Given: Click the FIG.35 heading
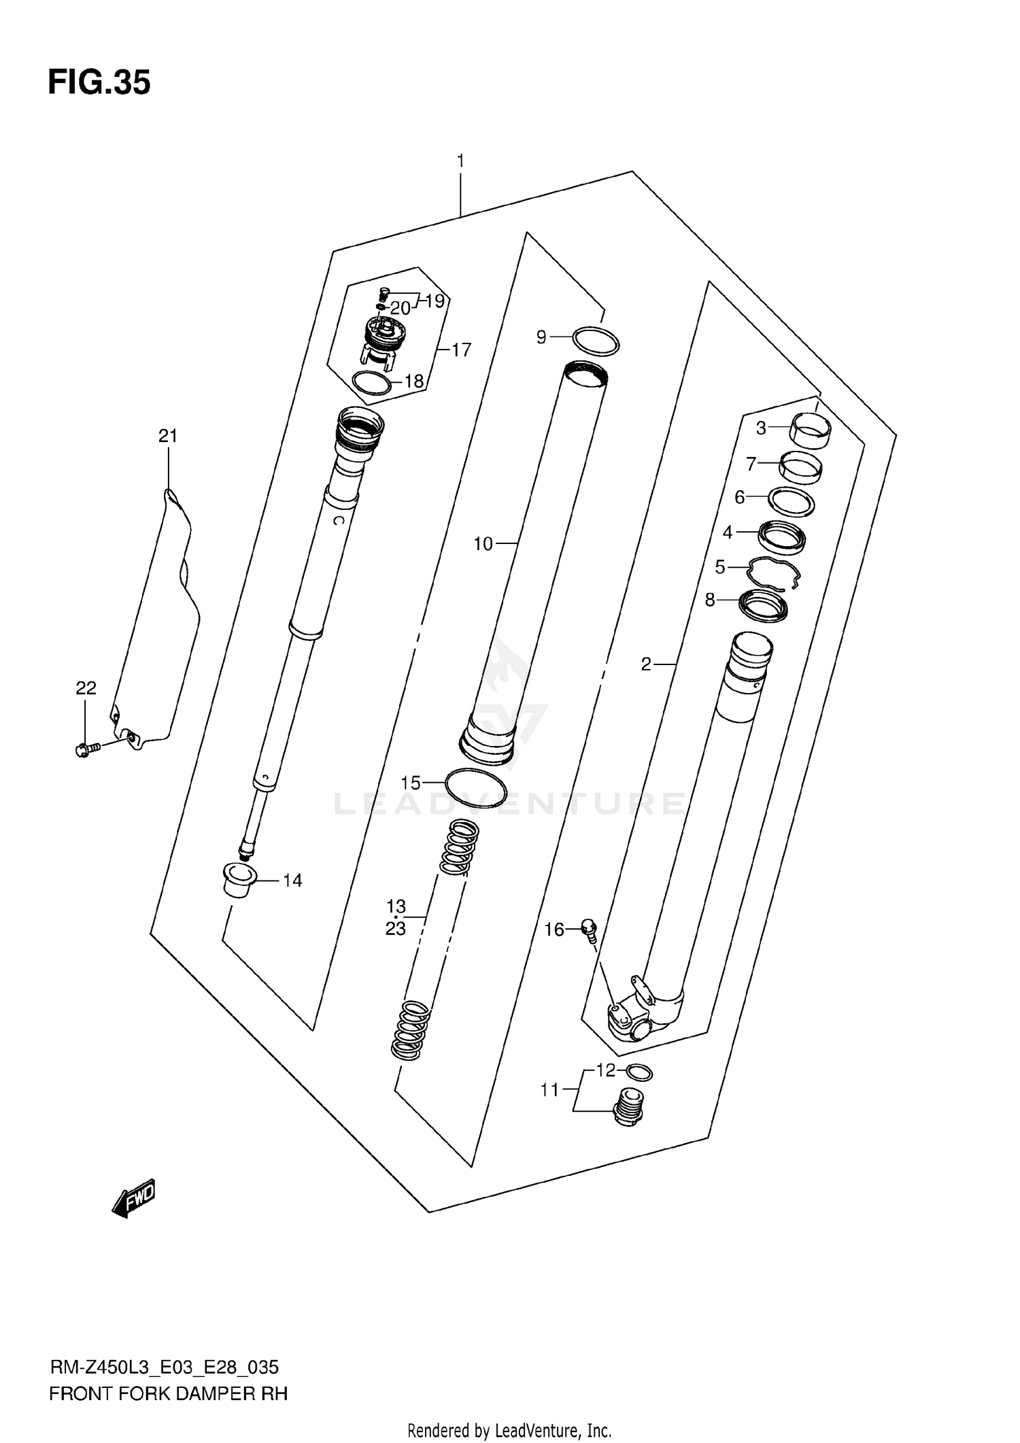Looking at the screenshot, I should point(99,83).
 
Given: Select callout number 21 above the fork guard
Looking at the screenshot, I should point(168,436).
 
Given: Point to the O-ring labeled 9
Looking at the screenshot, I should point(596,341).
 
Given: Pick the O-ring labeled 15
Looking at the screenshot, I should point(475,787).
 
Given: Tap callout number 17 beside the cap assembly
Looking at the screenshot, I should point(461,350).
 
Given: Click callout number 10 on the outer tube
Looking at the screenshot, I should point(483,544).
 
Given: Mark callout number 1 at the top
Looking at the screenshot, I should point(460,162).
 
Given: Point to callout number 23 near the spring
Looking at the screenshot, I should point(396,928).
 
